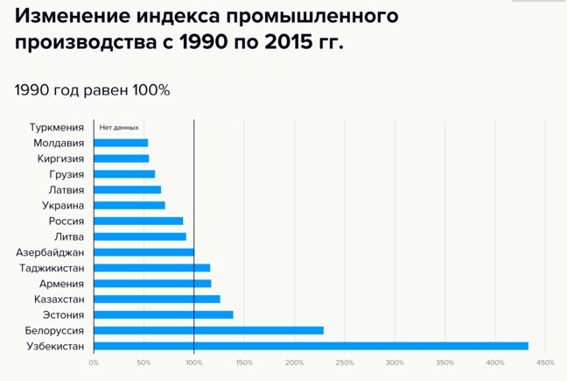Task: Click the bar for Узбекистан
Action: pyautogui.click(x=311, y=346)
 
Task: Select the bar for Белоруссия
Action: pyautogui.click(x=208, y=330)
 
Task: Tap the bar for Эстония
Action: pyautogui.click(x=163, y=314)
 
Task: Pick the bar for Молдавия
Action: pyautogui.click(x=121, y=143)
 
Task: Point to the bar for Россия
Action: pyautogui.click(x=138, y=221)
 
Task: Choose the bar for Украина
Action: pyautogui.click(x=129, y=205)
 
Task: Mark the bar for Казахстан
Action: pyautogui.click(x=157, y=299)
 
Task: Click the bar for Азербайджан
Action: pyautogui.click(x=143, y=252)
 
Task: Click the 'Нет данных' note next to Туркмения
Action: pyautogui.click(x=119, y=128)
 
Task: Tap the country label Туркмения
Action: pyautogui.click(x=57, y=128)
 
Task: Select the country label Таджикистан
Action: pyautogui.click(x=52, y=268)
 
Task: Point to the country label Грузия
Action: pyautogui.click(x=66, y=174)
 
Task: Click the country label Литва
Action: pyautogui.click(x=69, y=236)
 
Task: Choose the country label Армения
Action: pyautogui.click(x=62, y=284)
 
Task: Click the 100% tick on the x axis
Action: pyautogui.click(x=193, y=363)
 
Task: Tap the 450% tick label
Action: pyautogui.click(x=545, y=363)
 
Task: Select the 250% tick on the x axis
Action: pyautogui.click(x=345, y=363)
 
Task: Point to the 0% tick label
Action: pyautogui.click(x=94, y=363)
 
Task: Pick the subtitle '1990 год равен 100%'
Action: pyautogui.click(x=92, y=90)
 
